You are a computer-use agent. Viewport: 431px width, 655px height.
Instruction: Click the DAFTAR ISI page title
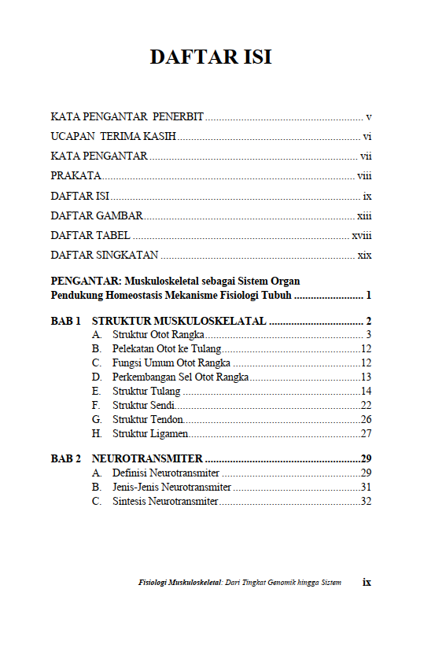[211, 57]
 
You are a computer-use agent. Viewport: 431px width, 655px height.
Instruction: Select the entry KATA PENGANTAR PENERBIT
[127, 116]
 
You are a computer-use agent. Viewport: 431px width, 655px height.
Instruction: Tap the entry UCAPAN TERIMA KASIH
[113, 136]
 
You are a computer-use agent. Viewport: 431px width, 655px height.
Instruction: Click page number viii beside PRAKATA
[364, 175]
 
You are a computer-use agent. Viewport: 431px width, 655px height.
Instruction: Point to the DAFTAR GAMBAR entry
[97, 215]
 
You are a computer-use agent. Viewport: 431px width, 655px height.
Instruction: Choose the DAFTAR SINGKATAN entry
[105, 255]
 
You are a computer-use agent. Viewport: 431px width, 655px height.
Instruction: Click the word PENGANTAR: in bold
[85, 281]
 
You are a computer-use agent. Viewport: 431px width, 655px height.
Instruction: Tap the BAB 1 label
[66, 321]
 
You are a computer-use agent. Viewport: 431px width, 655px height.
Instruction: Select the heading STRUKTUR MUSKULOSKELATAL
[179, 321]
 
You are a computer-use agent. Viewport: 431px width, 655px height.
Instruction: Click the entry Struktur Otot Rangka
[158, 335]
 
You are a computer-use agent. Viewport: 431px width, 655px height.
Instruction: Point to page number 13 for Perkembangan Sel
[366, 377]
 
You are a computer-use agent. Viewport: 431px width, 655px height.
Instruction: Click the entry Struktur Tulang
[146, 391]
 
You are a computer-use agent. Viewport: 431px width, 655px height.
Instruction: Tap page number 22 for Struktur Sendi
[366, 405]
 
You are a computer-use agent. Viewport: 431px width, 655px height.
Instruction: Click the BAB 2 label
[66, 458]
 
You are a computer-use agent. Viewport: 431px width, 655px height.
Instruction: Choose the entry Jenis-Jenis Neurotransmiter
[172, 487]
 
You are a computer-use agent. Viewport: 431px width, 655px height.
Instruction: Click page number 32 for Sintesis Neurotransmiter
[366, 501]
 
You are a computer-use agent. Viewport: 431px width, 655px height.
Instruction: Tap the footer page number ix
[367, 583]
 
